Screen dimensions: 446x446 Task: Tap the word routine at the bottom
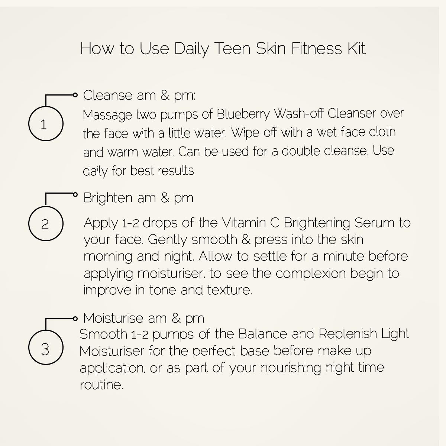click(101, 385)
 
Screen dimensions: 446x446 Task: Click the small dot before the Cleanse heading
click(75, 95)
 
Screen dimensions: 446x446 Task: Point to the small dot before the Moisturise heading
click(75, 319)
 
